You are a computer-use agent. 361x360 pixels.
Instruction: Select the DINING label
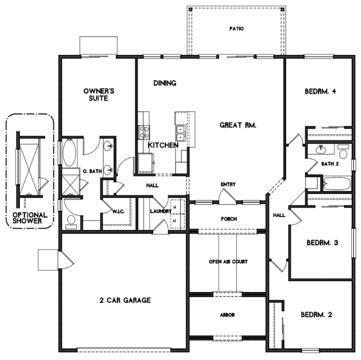click(x=165, y=84)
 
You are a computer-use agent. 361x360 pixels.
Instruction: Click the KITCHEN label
click(x=163, y=145)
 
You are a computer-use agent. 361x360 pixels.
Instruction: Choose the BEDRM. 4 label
click(x=320, y=92)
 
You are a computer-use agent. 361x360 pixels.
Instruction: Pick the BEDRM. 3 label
click(x=320, y=243)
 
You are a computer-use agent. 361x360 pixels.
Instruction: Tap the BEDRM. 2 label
click(x=316, y=315)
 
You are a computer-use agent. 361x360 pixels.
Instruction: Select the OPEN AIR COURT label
click(x=228, y=262)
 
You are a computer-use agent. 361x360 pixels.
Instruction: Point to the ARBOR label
click(x=228, y=313)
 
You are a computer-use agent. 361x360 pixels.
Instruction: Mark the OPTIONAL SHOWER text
click(x=30, y=218)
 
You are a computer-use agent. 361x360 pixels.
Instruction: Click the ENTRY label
click(x=228, y=184)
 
